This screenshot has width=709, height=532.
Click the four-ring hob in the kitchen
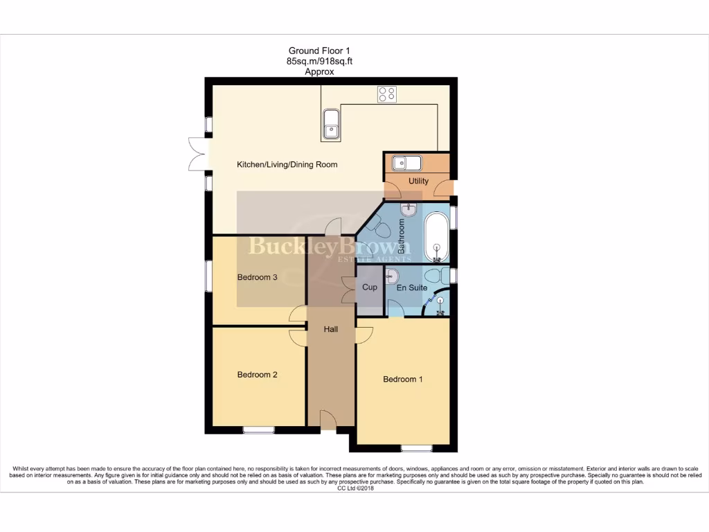click(x=386, y=94)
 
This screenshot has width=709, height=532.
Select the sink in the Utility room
click(x=406, y=163)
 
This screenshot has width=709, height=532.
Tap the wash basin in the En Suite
click(x=391, y=274)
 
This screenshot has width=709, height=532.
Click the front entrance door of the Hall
click(x=328, y=420)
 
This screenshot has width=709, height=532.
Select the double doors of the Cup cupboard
click(x=348, y=287)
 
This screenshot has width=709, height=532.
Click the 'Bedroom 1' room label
click(x=404, y=380)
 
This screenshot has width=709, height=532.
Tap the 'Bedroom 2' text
click(x=258, y=375)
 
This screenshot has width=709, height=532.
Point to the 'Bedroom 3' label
click(x=258, y=278)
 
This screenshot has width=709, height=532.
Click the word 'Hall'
click(x=331, y=330)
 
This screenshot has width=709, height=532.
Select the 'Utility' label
click(x=418, y=181)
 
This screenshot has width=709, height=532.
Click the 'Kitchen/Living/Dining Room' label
click(x=287, y=165)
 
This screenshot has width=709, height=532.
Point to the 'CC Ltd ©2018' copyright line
click(x=354, y=488)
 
